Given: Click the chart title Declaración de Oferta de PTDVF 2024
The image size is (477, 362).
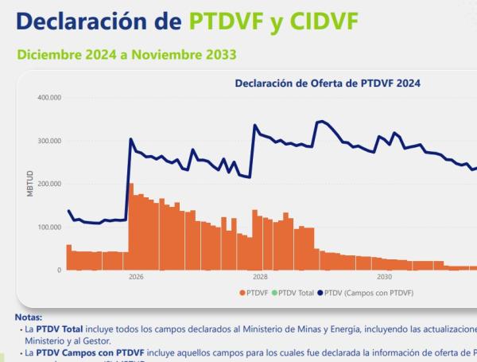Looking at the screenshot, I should click(x=328, y=83).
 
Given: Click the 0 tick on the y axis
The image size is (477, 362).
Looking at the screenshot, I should click(x=59, y=270).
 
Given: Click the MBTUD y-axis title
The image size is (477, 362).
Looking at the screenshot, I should click(x=30, y=184).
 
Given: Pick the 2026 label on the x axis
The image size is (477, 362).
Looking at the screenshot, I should click(x=136, y=278).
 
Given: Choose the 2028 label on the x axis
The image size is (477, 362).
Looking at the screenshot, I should click(x=260, y=278).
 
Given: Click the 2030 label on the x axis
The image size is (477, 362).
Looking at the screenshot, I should click(x=385, y=278).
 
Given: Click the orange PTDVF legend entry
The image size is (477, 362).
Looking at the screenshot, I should click(x=254, y=292).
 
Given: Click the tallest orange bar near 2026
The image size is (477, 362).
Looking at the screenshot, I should click(x=131, y=227).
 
